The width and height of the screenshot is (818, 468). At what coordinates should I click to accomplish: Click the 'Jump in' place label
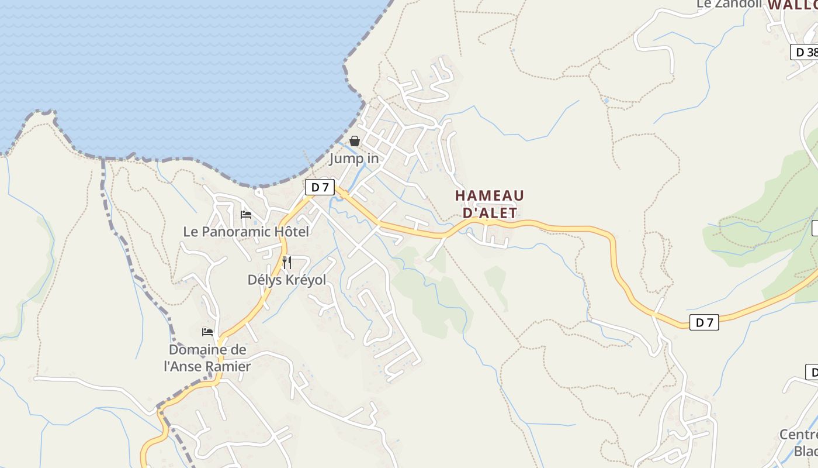353,159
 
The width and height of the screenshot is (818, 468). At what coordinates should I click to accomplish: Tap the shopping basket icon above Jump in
355,141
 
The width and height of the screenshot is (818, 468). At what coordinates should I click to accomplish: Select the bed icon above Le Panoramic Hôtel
246,214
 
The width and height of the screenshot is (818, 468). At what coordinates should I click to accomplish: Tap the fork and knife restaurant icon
287,262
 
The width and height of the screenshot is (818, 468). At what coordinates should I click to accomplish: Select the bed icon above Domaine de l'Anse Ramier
207,332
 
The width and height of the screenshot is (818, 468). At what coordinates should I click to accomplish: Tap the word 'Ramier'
230,367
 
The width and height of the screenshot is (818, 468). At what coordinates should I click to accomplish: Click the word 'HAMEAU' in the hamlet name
490,195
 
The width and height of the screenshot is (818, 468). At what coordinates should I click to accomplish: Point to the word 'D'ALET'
490,213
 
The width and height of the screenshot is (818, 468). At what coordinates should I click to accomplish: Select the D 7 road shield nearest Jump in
320,187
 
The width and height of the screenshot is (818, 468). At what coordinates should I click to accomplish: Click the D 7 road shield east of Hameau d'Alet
704,322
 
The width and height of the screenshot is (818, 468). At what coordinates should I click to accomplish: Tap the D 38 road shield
805,52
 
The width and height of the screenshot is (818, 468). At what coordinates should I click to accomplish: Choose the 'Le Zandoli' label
729,4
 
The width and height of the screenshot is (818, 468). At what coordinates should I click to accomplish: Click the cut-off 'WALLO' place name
792,5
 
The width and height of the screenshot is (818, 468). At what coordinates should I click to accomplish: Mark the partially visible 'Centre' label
799,435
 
